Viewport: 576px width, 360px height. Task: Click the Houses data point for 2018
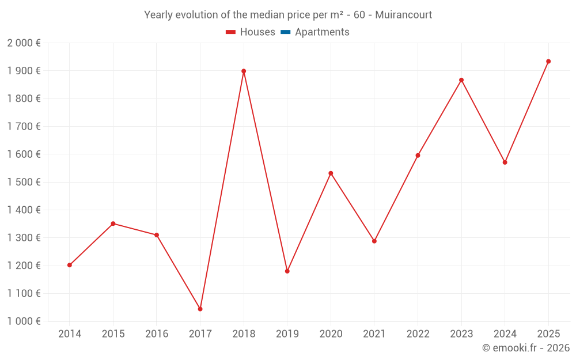tap(244, 71)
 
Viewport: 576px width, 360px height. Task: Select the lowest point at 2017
tap(200, 309)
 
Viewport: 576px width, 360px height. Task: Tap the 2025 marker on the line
tap(548, 62)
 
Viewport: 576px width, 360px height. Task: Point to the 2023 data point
tap(461, 80)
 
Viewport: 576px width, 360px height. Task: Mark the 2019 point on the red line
tap(287, 271)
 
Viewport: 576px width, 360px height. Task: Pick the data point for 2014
tap(70, 265)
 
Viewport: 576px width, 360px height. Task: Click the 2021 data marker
tap(374, 241)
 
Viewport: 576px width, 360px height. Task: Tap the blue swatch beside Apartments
tap(285, 32)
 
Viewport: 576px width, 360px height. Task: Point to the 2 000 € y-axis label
tap(24, 43)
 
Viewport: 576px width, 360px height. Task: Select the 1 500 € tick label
tap(24, 182)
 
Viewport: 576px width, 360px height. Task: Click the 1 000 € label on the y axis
tap(24, 321)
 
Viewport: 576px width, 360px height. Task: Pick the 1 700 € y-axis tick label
tap(24, 127)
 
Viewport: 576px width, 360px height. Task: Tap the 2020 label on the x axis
tap(331, 334)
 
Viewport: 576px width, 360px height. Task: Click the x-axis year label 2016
tap(157, 334)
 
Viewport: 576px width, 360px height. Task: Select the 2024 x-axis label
tap(505, 334)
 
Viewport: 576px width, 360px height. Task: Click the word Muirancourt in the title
tap(403, 15)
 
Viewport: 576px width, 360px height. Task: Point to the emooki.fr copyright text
tap(526, 348)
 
